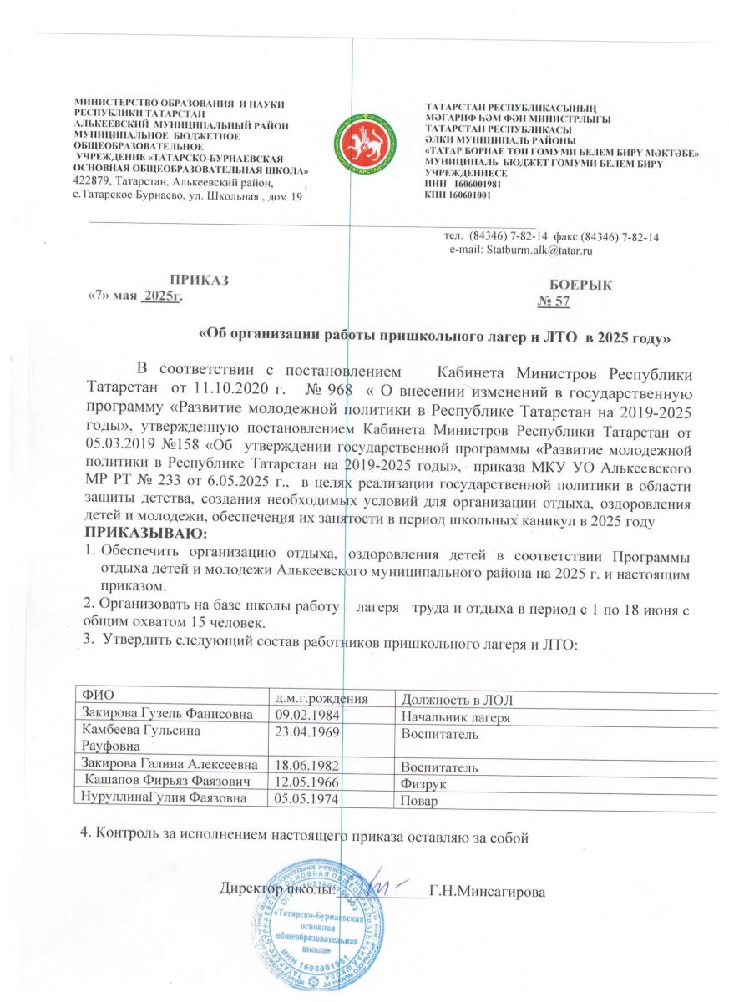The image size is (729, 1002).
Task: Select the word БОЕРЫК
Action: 581,285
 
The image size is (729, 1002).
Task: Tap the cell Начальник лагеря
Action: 455,718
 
